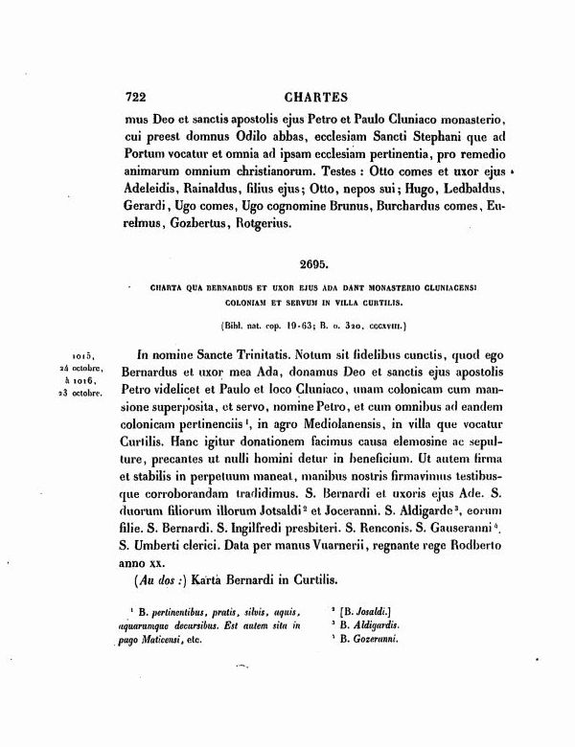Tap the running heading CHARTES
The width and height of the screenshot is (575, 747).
click(318, 97)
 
